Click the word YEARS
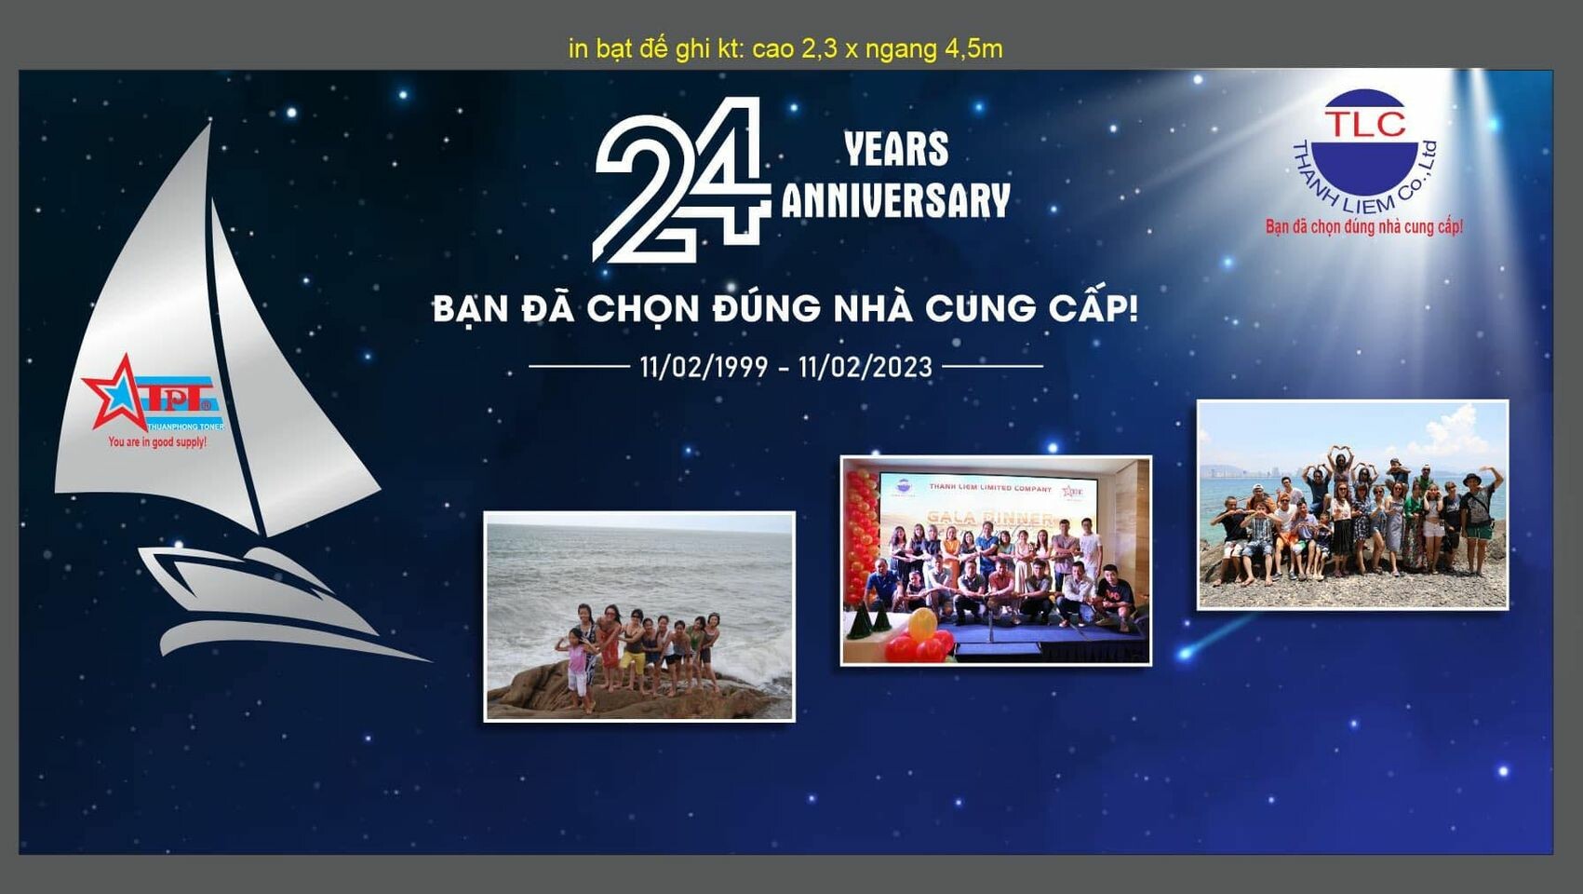click(896, 149)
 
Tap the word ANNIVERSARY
click(895, 200)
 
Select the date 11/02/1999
click(704, 367)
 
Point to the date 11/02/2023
click(865, 367)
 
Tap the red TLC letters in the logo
click(1364, 123)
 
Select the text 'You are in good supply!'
click(157, 442)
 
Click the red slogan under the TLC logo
click(1363, 226)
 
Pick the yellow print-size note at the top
click(785, 48)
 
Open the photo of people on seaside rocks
click(639, 616)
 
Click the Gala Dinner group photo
click(996, 561)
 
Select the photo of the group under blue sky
click(1352, 505)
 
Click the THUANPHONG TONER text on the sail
click(185, 427)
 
